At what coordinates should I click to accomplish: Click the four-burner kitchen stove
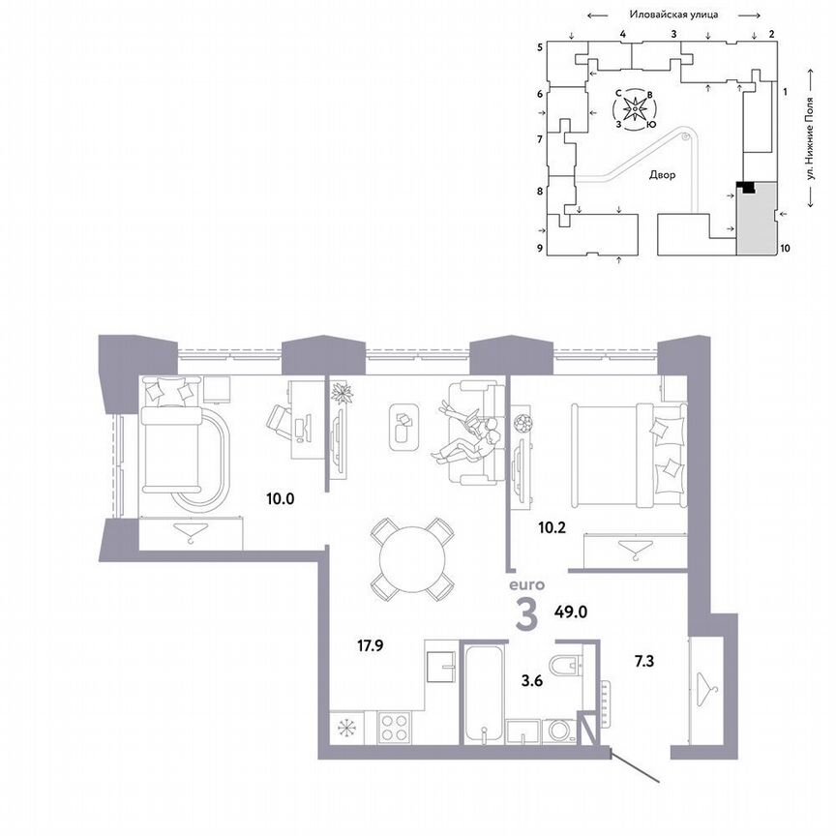point(396,727)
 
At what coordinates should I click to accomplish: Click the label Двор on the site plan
point(662,175)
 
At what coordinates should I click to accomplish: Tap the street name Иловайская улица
point(671,15)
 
